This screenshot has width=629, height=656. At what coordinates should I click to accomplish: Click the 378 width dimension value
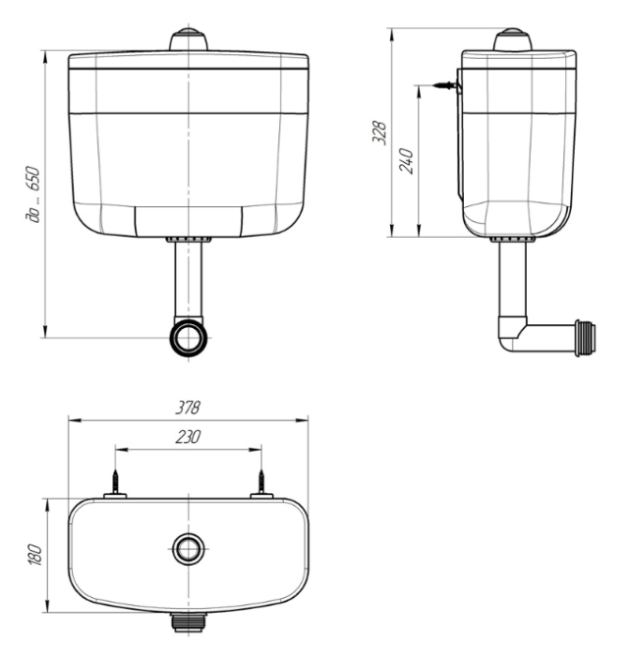(x=187, y=407)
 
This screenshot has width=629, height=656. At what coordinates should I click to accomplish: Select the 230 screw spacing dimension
(x=187, y=437)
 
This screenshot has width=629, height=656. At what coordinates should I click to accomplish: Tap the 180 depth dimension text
(x=36, y=555)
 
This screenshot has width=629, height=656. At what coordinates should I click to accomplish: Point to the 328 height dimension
(x=379, y=133)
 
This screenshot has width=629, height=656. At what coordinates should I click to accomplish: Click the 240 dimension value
(x=406, y=160)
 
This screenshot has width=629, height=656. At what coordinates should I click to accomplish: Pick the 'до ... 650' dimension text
(x=32, y=194)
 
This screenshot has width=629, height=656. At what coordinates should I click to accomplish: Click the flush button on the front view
(x=188, y=39)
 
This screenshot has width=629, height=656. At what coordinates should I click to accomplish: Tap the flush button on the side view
(x=513, y=39)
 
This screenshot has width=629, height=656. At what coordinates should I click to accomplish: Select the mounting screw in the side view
(x=445, y=85)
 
